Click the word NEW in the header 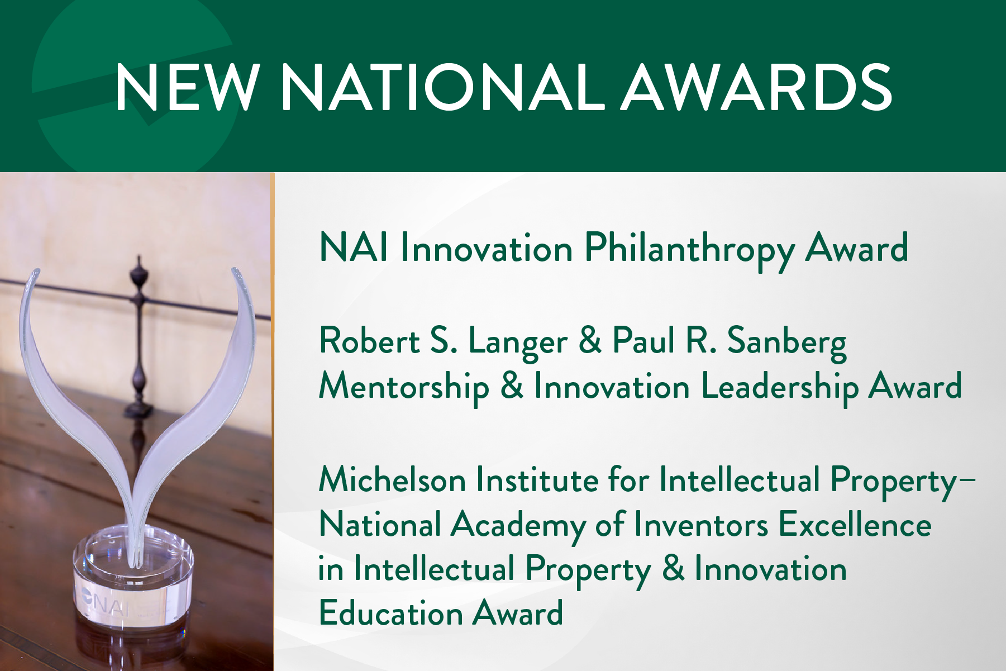(187, 87)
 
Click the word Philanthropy (689, 249)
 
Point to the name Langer (517, 342)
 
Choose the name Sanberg (786, 342)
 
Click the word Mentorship (403, 387)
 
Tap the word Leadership (780, 387)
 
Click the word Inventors (701, 525)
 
